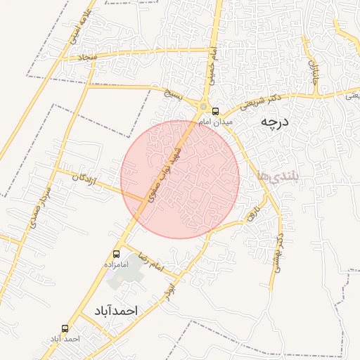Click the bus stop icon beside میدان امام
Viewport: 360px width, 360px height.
(215, 110)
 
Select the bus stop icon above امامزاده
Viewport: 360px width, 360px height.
(116, 254)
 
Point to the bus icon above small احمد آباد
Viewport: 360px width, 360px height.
(65, 328)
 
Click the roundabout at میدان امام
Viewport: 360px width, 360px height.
(203, 107)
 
